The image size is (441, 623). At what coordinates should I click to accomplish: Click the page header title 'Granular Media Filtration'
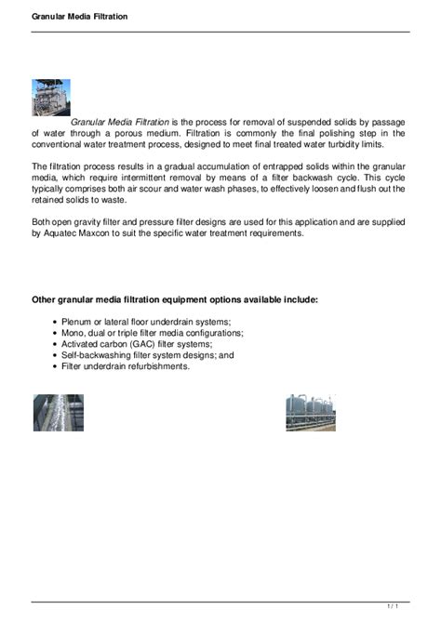[x=67, y=17]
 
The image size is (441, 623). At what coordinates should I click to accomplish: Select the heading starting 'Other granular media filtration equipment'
[x=175, y=300]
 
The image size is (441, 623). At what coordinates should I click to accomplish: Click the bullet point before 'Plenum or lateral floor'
[x=56, y=322]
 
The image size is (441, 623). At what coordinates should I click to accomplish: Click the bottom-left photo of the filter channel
[x=59, y=412]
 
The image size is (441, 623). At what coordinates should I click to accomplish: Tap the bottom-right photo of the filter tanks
[x=310, y=412]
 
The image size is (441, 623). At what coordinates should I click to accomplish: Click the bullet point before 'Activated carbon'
[x=56, y=344]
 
